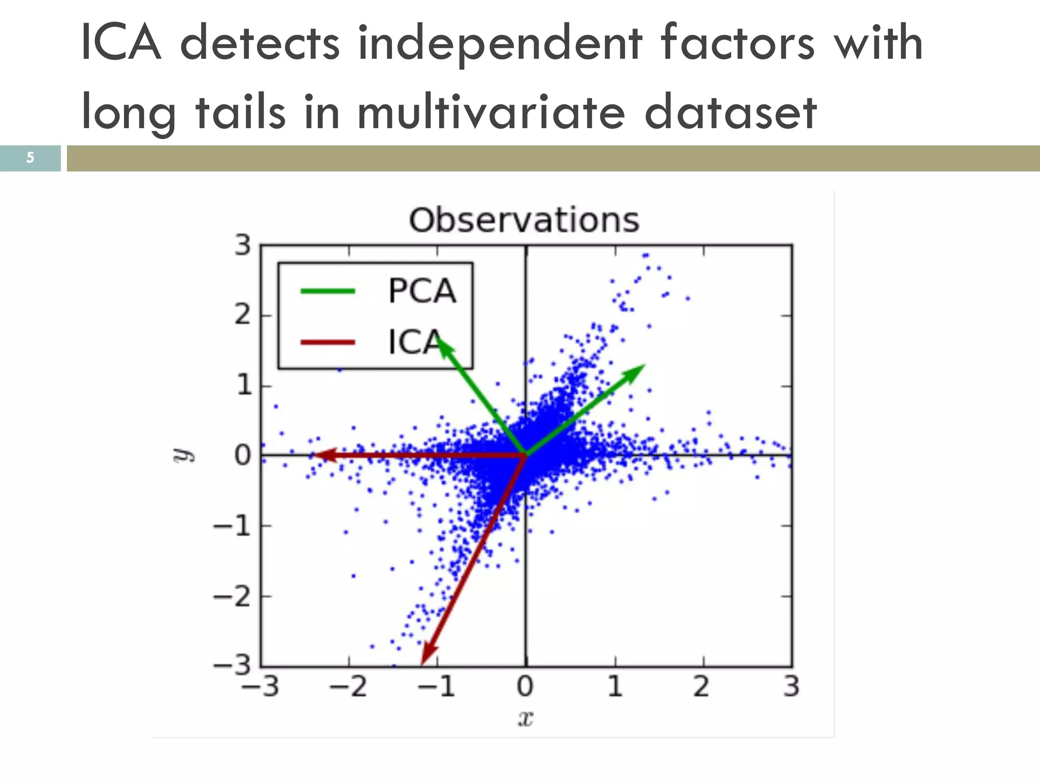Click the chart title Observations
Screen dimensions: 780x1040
click(x=524, y=220)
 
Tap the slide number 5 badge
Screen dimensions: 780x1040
click(x=30, y=158)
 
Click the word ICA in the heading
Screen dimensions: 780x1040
click(x=121, y=43)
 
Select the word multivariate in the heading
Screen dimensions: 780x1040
click(x=491, y=112)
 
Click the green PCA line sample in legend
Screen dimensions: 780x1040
click(x=328, y=291)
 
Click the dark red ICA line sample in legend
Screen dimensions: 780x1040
click(x=328, y=342)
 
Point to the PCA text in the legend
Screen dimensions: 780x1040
click(x=422, y=291)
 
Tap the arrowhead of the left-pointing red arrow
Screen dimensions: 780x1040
click(x=322, y=455)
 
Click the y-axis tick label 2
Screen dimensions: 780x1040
click(x=243, y=315)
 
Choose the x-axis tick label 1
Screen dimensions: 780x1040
click(x=614, y=687)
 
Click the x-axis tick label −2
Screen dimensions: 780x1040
click(x=348, y=687)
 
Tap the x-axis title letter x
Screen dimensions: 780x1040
click(x=526, y=719)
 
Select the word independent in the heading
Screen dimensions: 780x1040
click(x=500, y=43)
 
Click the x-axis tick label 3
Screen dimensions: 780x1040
click(x=791, y=687)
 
